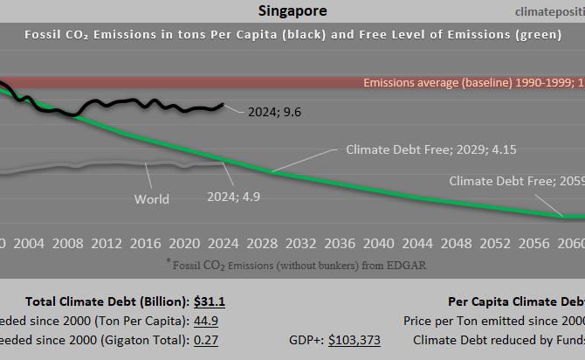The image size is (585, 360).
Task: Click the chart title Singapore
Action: [292, 11]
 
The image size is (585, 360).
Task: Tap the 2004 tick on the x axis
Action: [29, 242]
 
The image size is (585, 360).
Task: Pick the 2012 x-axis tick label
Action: [107, 242]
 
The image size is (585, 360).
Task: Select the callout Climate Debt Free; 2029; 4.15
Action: [431, 149]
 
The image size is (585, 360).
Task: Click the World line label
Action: [151, 198]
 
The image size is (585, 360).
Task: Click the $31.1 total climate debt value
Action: [210, 302]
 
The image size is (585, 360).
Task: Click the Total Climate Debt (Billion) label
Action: [107, 302]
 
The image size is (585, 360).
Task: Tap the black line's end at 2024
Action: [224, 105]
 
